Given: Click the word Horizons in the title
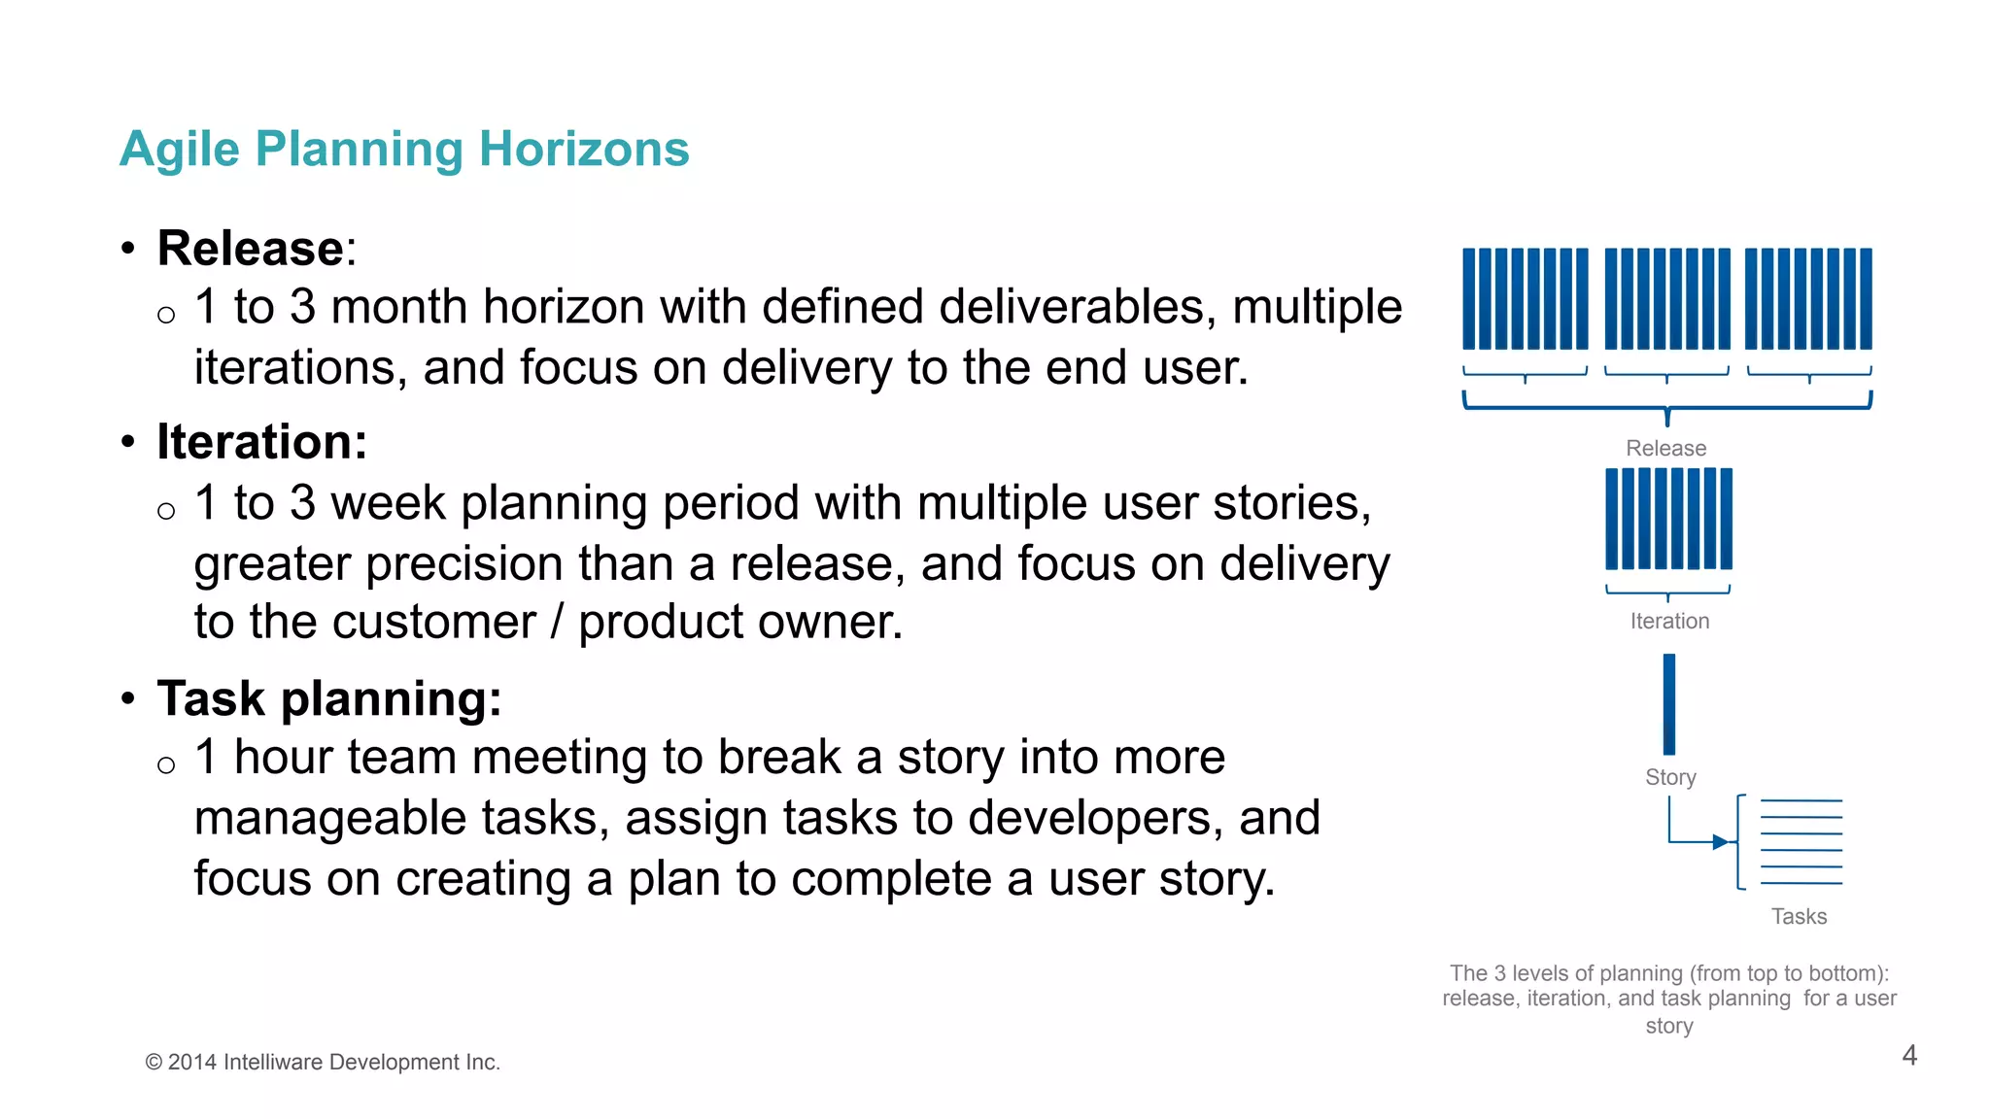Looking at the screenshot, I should pyautogui.click(x=583, y=150).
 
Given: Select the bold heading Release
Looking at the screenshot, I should pyautogui.click(x=251, y=249).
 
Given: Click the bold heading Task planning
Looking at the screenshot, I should pyautogui.click(x=328, y=698).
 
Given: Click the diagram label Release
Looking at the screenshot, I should pyautogui.click(x=1665, y=448).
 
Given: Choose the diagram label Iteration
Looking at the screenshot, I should pyautogui.click(x=1669, y=621).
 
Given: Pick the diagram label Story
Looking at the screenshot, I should pyautogui.click(x=1670, y=777).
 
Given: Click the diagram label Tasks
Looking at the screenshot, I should pyautogui.click(x=1799, y=916).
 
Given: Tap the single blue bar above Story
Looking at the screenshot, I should pyautogui.click(x=1669, y=704).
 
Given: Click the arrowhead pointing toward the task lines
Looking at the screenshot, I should pyautogui.click(x=1720, y=842).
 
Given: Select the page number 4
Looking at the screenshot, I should pyautogui.click(x=1908, y=1055).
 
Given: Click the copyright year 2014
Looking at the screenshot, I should pyautogui.click(x=191, y=1063).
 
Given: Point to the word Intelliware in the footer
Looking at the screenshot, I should pyautogui.click(x=273, y=1063).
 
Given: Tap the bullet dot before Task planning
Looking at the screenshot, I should pyautogui.click(x=128, y=698).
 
